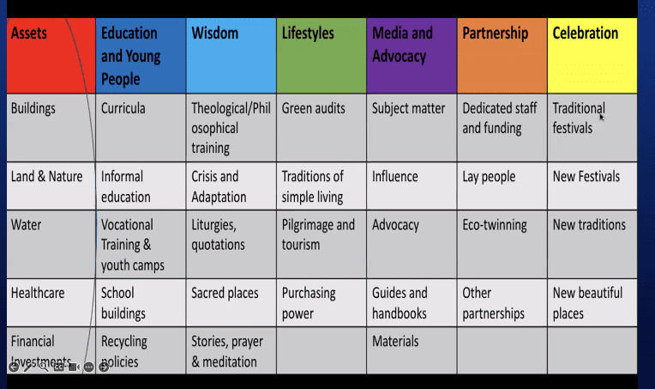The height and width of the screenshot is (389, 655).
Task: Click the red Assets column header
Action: click(x=50, y=55)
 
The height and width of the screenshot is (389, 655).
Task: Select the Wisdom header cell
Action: click(x=231, y=55)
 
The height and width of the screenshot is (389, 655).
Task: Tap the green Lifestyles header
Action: click(x=321, y=55)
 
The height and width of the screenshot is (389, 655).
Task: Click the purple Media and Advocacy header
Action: click(x=412, y=55)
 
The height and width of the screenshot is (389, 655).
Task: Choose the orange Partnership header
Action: click(x=502, y=55)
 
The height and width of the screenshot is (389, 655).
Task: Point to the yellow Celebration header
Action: click(x=592, y=55)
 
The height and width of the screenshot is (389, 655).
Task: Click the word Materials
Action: click(x=395, y=341)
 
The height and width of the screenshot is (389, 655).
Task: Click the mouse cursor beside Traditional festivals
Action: click(x=602, y=117)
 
